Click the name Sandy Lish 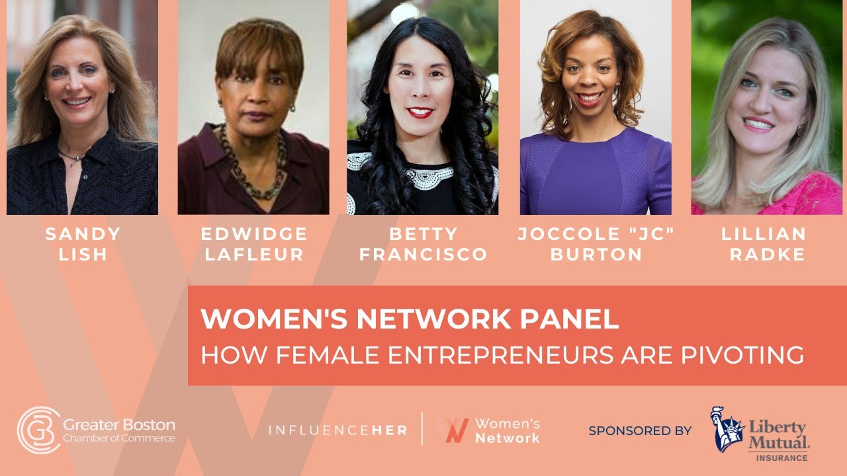[83, 244]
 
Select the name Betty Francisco [423, 244]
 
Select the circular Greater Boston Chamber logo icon [38, 430]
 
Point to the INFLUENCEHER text [337, 430]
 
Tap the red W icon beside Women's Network [455, 430]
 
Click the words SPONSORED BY [640, 431]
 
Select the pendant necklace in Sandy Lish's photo [74, 158]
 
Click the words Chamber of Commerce [119, 438]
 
